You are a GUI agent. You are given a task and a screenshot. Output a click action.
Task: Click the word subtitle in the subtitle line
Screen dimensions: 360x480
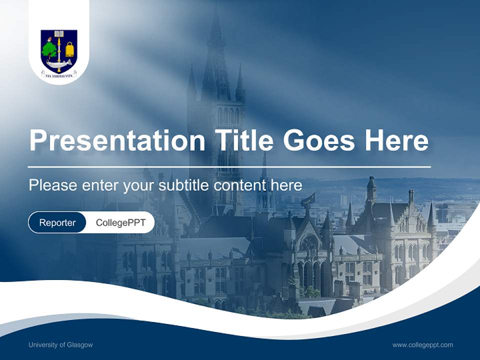pos(184,185)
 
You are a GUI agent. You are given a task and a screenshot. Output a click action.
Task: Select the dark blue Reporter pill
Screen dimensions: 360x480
pos(57,222)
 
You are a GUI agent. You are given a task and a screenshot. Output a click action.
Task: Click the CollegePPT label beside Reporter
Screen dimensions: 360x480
pos(120,222)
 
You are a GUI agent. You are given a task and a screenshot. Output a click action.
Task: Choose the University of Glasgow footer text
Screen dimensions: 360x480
pos(60,345)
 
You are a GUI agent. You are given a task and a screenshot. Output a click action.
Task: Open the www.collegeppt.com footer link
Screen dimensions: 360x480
pos(422,345)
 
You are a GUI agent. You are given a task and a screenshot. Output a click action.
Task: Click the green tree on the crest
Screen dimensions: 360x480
pos(49,49)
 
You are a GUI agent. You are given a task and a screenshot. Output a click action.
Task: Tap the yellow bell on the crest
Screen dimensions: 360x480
pos(69,49)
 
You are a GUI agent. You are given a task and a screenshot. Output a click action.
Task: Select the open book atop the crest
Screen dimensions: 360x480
pos(59,34)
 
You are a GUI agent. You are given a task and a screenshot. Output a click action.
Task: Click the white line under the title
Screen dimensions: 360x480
pos(229,166)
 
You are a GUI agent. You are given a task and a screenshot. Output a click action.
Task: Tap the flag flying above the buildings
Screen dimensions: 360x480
pos(308,199)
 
